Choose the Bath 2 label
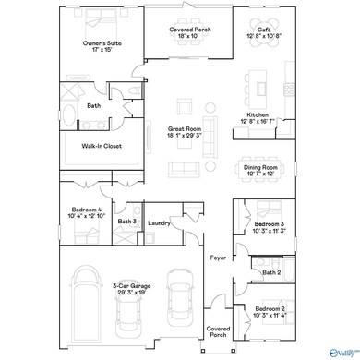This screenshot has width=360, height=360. point(270,272)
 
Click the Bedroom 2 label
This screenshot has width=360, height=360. point(270,311)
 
